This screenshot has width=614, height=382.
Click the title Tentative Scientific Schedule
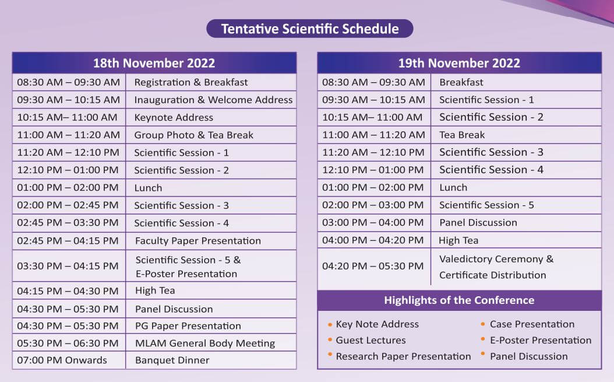[309, 29]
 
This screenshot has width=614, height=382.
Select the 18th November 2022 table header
[154, 63]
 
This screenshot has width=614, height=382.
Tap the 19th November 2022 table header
[459, 63]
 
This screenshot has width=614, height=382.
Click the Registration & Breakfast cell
[191, 82]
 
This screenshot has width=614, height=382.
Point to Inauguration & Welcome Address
[213, 100]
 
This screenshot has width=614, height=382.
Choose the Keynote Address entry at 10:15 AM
[174, 117]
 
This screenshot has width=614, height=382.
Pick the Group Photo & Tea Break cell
[193, 135]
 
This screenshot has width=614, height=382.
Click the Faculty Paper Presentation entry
[198, 241]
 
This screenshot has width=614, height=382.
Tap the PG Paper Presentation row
[188, 326]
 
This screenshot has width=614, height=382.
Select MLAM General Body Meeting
[205, 343]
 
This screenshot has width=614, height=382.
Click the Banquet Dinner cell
[172, 360]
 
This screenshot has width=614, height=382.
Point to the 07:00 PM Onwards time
[62, 360]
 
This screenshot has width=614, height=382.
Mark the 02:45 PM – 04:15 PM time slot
[68, 241]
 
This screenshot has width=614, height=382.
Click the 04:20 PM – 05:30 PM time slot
[373, 266]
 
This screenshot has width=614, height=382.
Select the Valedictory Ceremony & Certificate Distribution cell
[496, 267]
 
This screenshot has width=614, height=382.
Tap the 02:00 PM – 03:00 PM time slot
[373, 205]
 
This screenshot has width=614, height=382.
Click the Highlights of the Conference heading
[459, 300]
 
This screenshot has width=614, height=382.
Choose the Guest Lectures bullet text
[370, 340]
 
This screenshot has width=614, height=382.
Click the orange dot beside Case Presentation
[484, 324]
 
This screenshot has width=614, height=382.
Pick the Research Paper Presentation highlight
[403, 356]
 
